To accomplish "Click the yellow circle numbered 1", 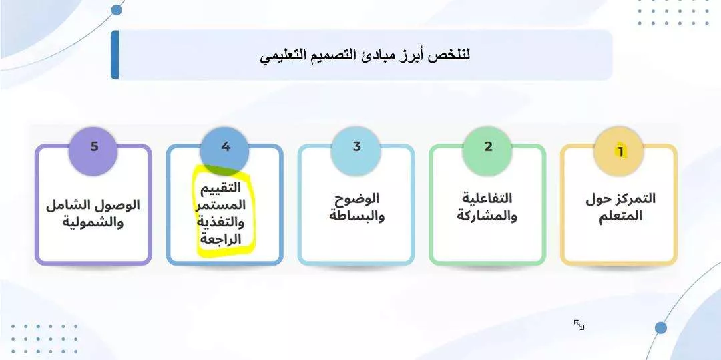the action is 618,151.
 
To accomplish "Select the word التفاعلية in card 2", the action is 487,198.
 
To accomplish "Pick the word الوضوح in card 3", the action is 356,198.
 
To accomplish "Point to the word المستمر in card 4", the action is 221,205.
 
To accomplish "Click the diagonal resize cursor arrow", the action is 579,325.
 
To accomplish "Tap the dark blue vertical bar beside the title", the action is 115,55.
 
